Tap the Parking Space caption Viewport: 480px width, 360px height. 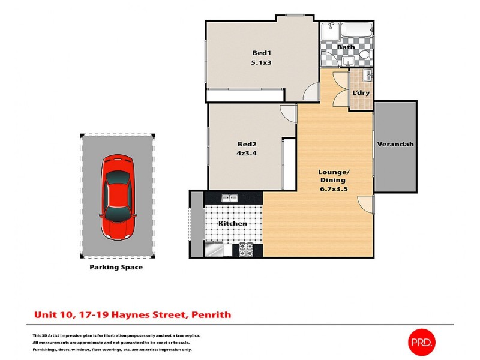click(116, 267)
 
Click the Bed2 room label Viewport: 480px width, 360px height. click(247, 143)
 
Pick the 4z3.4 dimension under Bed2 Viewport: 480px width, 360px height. click(247, 154)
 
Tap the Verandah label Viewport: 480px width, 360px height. click(395, 145)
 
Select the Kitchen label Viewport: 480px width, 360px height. click(232, 223)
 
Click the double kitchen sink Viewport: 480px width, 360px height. click(230, 197)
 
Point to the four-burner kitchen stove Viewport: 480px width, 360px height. click(247, 249)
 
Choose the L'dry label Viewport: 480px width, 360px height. click(360, 93)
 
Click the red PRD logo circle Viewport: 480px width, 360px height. click(422, 342)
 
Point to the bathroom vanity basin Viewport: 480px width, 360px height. click(329, 59)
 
